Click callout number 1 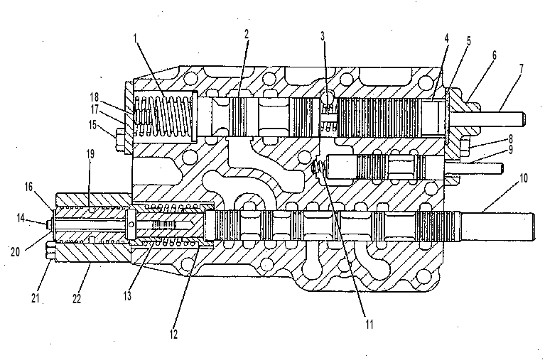135,38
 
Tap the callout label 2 247,34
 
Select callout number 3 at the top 323,36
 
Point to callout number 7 521,68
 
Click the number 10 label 524,178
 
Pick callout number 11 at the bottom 369,324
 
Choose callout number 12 173,334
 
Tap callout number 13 128,295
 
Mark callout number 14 21,218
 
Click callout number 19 90,153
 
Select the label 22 77,298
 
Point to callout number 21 36,298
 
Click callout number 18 95,97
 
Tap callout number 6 494,55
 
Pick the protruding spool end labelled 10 497,227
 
